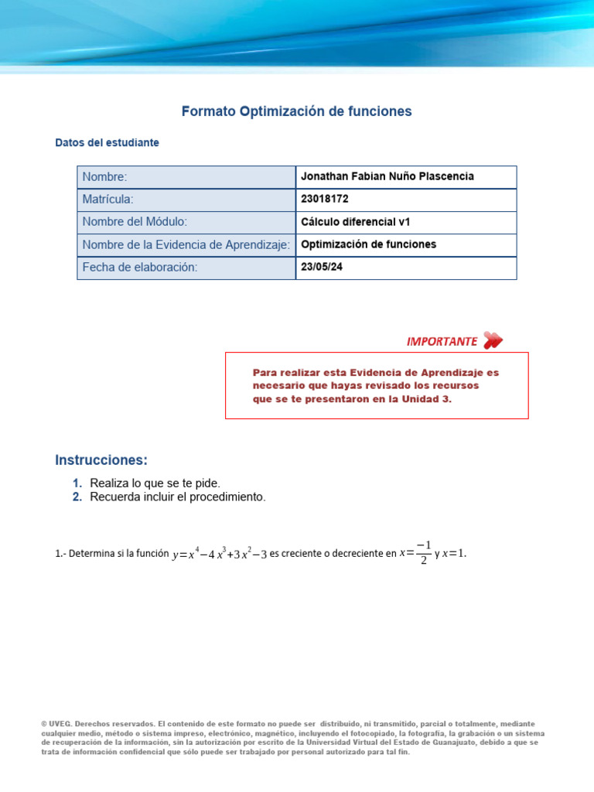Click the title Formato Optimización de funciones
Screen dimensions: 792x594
tap(296, 111)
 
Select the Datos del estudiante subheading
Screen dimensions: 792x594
tap(108, 143)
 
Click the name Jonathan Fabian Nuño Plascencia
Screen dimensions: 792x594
tap(387, 177)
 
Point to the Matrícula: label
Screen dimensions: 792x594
tap(108, 200)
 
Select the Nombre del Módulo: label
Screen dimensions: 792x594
tap(135, 222)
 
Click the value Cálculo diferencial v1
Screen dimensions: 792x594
tap(355, 222)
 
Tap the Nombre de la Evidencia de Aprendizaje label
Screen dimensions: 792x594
tap(186, 244)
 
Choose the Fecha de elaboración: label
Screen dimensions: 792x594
tap(140, 267)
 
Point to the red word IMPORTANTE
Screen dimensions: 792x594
tap(442, 341)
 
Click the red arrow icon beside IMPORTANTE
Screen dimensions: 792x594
tap(492, 340)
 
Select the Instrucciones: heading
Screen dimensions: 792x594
tap(101, 460)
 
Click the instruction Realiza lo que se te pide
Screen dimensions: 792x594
tap(155, 483)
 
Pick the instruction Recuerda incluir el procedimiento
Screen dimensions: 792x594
tap(177, 497)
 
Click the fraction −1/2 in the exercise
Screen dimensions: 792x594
tap(422, 554)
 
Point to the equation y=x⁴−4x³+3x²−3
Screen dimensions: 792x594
tap(219, 554)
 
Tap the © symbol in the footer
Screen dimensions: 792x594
tap(44, 724)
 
